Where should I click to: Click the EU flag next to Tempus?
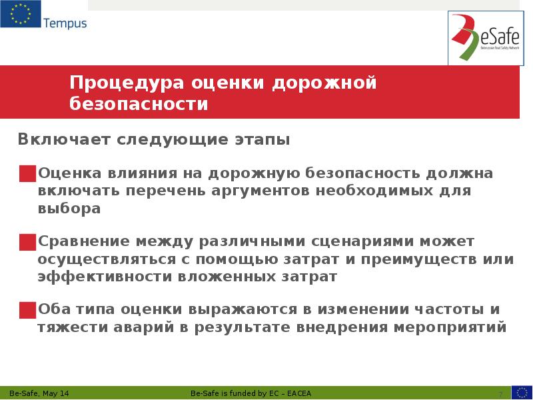(x=20, y=15)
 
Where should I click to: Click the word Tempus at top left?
(x=65, y=23)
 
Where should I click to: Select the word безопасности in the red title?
(x=139, y=105)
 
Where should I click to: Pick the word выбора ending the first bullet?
(x=69, y=209)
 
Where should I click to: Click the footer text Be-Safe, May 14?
(x=39, y=393)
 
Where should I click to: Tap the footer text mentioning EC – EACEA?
(x=255, y=393)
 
